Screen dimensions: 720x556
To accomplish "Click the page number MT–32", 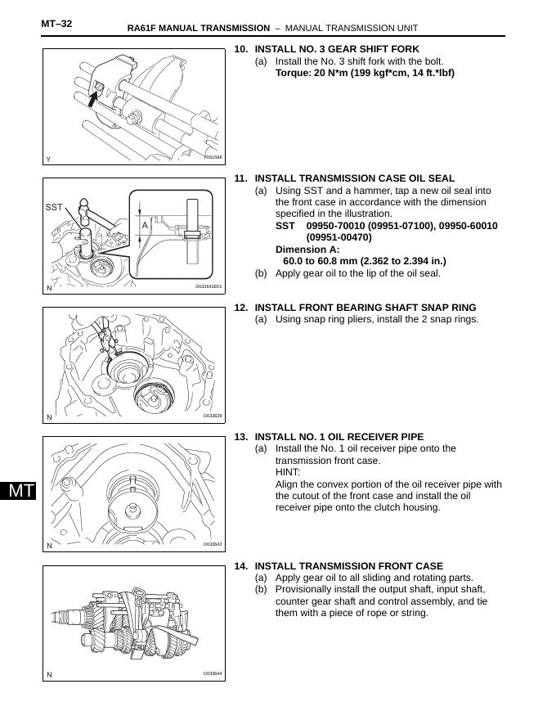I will tap(56, 24).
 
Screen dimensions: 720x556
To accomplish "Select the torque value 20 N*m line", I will tap(365, 73).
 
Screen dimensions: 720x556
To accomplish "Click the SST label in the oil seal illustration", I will tap(54, 208).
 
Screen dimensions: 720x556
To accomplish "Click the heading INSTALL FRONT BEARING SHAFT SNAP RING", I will tap(365, 308).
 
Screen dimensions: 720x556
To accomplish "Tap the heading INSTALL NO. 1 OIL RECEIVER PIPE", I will tap(339, 437).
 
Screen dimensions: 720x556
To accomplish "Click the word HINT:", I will tap(288, 472).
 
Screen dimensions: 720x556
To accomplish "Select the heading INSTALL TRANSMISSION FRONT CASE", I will tap(348, 566).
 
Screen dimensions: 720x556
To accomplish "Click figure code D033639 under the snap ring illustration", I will tap(213, 416).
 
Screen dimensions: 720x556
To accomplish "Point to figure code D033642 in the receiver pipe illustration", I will tap(213, 544).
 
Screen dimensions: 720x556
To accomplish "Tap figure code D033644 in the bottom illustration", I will tap(213, 673).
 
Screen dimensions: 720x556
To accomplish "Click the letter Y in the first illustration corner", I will tap(49, 159).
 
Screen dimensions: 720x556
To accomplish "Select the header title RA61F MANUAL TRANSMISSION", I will tap(198, 29).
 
